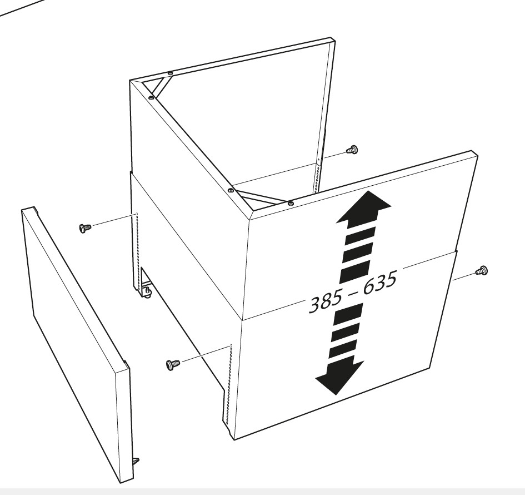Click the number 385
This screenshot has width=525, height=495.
pyautogui.click(x=326, y=301)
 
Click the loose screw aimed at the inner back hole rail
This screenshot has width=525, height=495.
pyautogui.click(x=352, y=149)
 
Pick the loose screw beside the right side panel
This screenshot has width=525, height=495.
pyautogui.click(x=482, y=270)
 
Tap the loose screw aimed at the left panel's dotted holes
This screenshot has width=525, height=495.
pyautogui.click(x=84, y=228)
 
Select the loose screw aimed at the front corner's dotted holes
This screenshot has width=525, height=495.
pyautogui.click(x=172, y=365)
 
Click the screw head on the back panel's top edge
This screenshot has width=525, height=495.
pyautogui.click(x=171, y=73)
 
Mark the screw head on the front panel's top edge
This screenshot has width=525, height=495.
pyautogui.click(x=291, y=203)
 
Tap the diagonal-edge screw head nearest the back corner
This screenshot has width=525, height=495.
pyautogui.click(x=151, y=97)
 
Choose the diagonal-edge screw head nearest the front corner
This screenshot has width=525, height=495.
pyautogui.click(x=231, y=191)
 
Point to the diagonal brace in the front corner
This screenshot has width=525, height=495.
pyautogui.click(x=261, y=197)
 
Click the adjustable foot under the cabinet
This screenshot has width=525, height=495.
pyautogui.click(x=147, y=291)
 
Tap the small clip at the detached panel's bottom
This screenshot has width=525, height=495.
pyautogui.click(x=136, y=461)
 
